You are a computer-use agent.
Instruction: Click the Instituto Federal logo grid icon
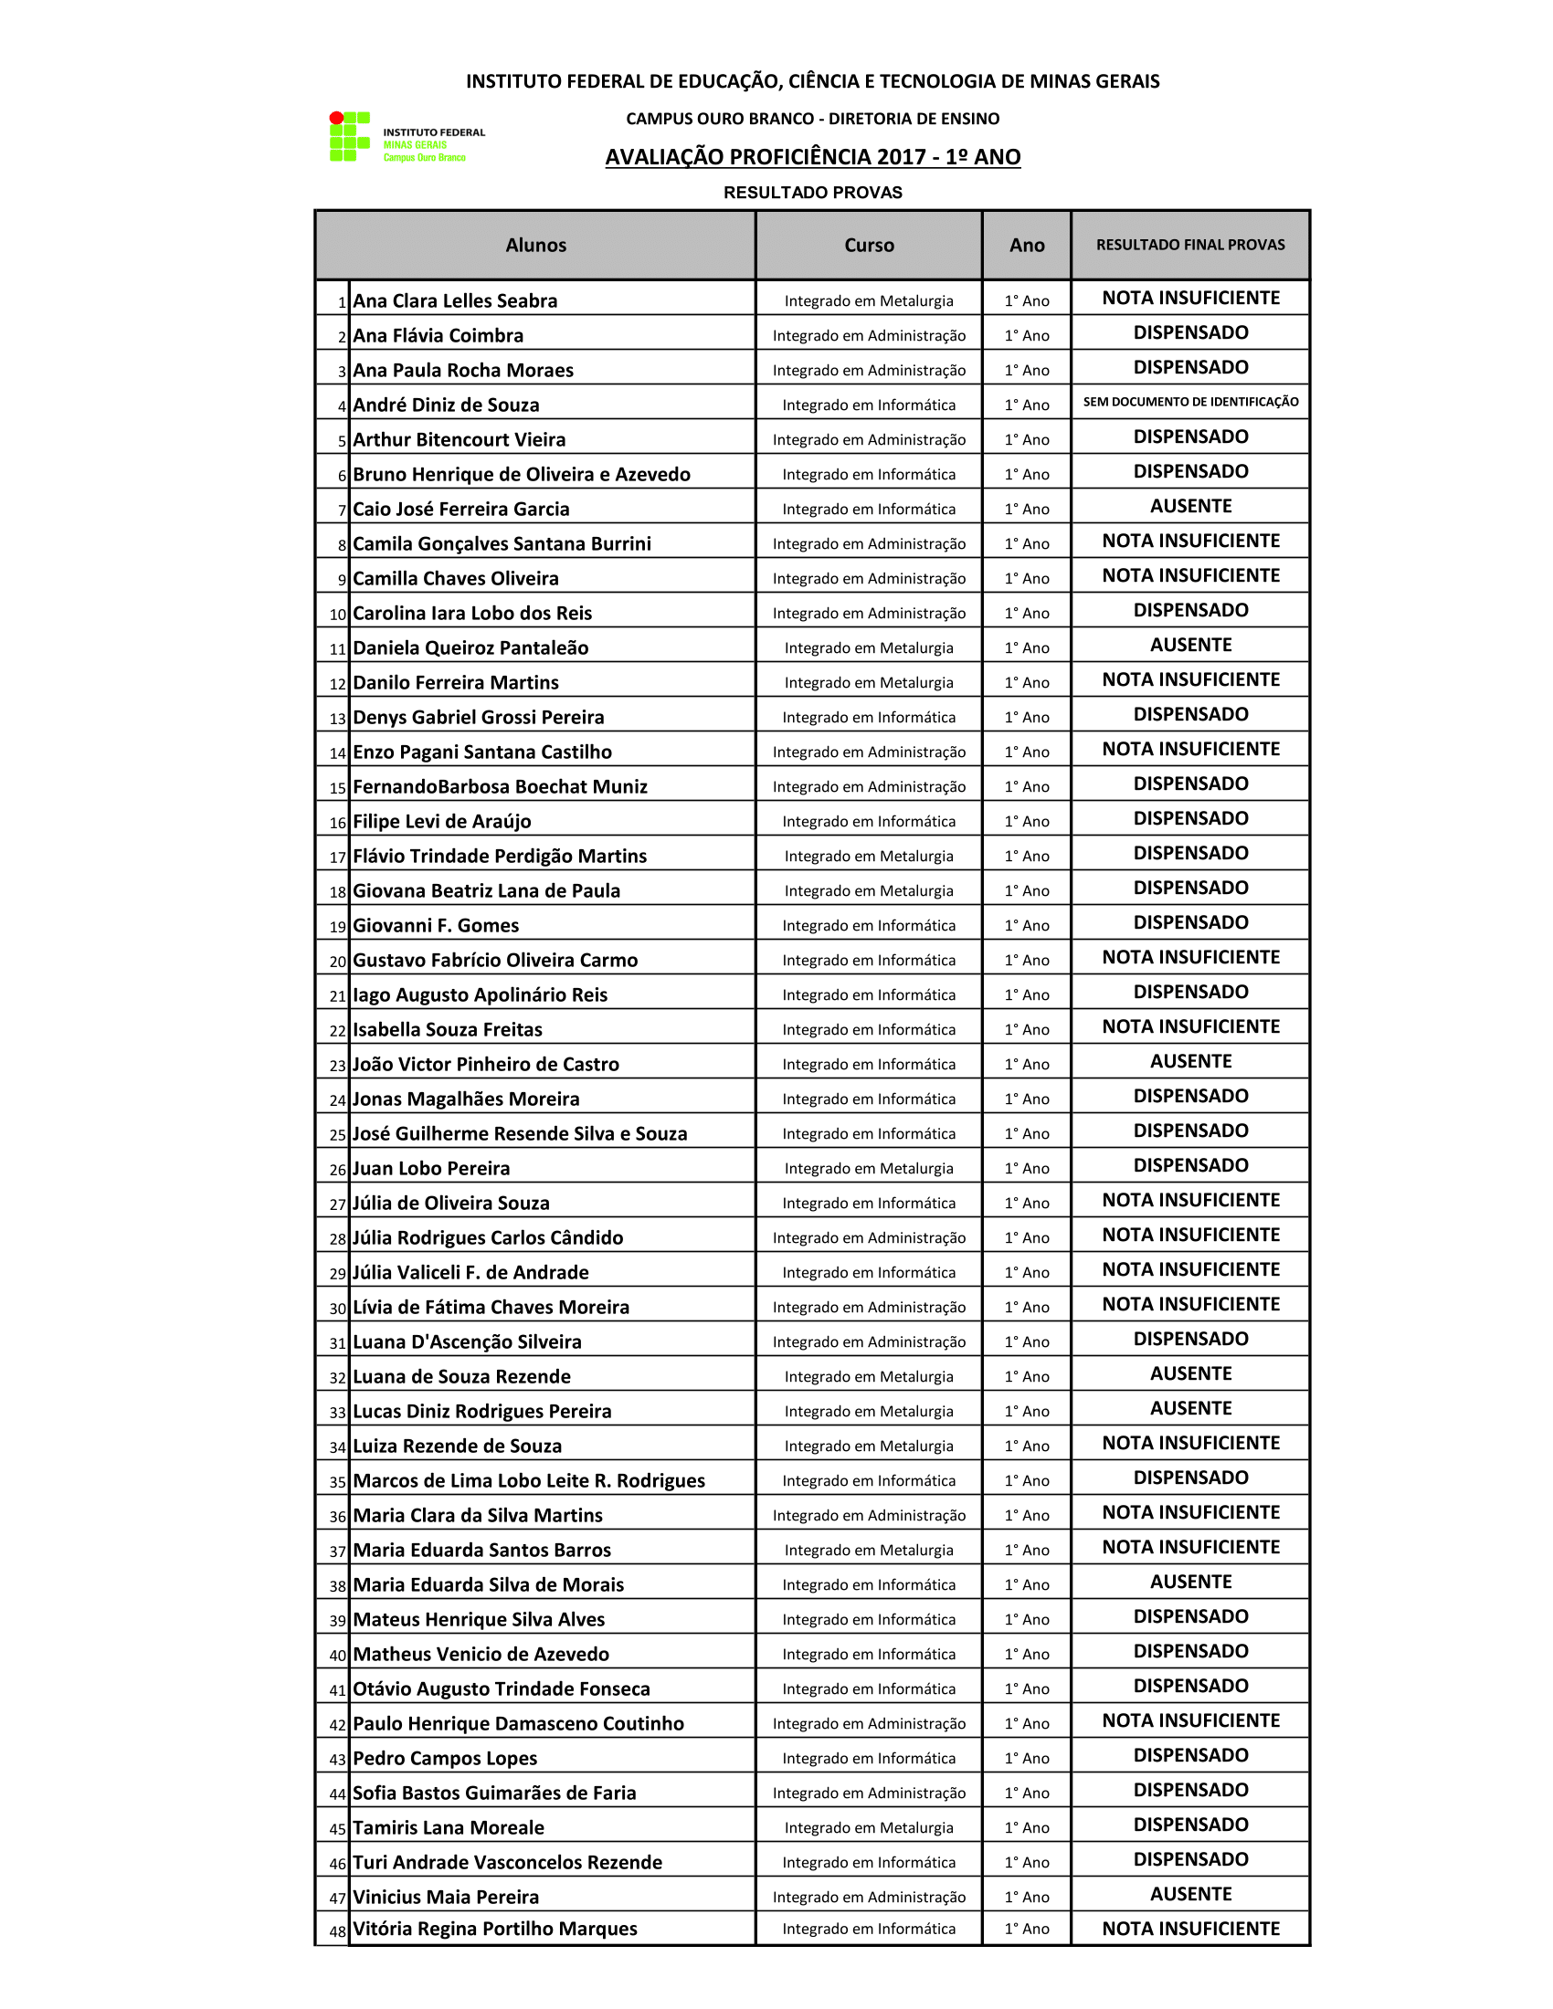coord(350,136)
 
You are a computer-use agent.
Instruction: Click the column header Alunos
coord(535,245)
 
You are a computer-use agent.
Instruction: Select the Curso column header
coord(869,245)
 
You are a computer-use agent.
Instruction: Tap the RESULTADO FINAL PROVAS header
coord(1190,245)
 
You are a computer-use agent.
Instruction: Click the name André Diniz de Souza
coord(446,405)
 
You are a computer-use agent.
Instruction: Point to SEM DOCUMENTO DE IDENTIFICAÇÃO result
coord(1190,402)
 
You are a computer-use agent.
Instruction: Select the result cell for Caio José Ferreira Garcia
coord(1190,506)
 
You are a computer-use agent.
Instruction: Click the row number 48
coord(338,1931)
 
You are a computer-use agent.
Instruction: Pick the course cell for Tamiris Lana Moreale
coord(869,1828)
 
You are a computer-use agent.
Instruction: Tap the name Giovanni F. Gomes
coord(436,925)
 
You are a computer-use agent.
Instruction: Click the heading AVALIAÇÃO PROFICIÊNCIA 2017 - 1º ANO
coord(812,157)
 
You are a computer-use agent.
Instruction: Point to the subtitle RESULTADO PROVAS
coord(812,193)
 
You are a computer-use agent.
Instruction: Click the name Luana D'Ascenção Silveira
coord(468,1342)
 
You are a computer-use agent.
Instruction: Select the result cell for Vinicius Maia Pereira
coord(1190,1894)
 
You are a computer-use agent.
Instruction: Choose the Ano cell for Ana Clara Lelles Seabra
coord(1027,300)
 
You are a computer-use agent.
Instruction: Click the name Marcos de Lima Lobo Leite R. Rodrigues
coord(529,1481)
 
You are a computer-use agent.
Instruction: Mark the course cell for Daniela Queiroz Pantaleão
coord(869,647)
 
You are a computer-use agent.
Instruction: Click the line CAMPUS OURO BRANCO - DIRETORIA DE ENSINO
coord(812,119)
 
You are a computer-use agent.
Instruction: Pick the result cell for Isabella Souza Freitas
coord(1190,1026)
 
